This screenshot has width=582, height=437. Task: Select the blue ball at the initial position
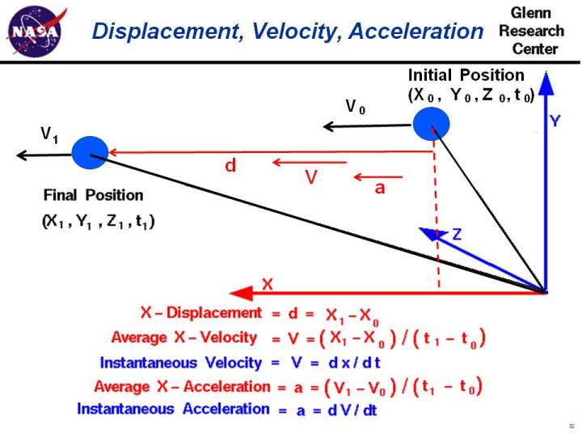(430, 124)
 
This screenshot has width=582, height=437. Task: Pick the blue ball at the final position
(89, 151)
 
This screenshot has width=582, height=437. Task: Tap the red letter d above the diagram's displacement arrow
(231, 166)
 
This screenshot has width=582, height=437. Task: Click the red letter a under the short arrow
(380, 187)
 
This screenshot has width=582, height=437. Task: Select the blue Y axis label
(556, 121)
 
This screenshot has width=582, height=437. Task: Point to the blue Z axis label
(458, 235)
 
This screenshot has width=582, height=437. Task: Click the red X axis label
(268, 284)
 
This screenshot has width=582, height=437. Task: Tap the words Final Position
(93, 195)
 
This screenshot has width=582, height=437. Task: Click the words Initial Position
(466, 75)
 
